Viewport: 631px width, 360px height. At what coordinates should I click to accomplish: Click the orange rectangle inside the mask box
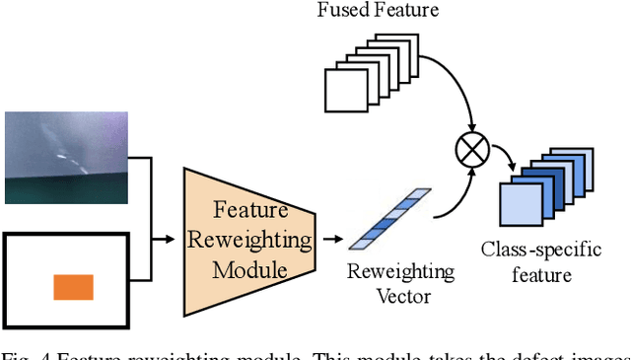(72, 287)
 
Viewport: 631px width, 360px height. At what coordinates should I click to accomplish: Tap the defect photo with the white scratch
(66, 157)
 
